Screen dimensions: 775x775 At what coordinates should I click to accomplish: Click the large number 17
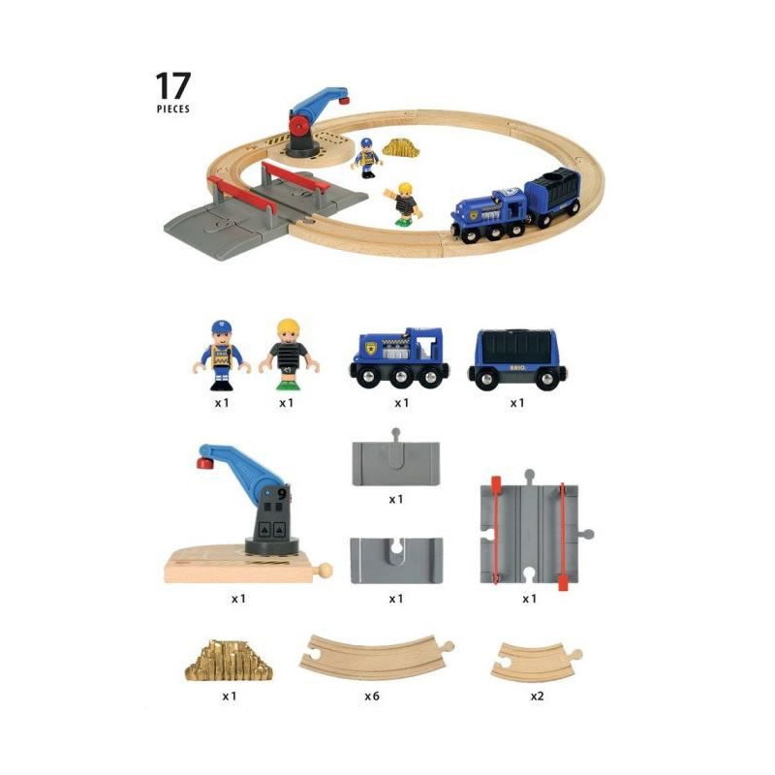click(x=173, y=85)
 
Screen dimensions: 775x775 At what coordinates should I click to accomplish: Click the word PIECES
click(x=173, y=108)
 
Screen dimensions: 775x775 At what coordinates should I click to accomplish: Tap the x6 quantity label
click(x=372, y=696)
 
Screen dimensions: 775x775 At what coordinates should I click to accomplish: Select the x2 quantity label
click(x=537, y=696)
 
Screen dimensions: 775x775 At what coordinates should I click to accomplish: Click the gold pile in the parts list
click(x=229, y=661)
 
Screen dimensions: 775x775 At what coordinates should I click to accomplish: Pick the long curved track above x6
click(x=376, y=658)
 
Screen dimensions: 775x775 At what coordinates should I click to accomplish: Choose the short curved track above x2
click(x=537, y=663)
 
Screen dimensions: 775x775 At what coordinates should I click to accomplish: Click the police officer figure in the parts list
click(x=222, y=356)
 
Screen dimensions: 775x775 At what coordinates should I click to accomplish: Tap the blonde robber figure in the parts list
click(x=289, y=354)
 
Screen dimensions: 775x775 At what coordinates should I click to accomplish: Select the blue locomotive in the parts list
click(x=399, y=357)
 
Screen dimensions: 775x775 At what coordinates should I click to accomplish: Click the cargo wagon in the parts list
click(x=517, y=359)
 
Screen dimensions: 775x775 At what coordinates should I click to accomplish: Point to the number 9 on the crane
click(x=282, y=493)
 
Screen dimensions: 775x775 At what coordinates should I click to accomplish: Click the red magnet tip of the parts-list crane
click(x=204, y=463)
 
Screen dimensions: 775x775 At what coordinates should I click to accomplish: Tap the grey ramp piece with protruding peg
click(x=395, y=459)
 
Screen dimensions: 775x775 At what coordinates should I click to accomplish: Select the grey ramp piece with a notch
click(x=396, y=561)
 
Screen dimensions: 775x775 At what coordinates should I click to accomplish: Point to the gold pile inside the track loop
click(x=401, y=148)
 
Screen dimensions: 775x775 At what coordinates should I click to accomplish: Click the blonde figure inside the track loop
click(x=404, y=204)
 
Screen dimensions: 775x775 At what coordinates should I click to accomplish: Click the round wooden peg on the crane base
click(x=325, y=571)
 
